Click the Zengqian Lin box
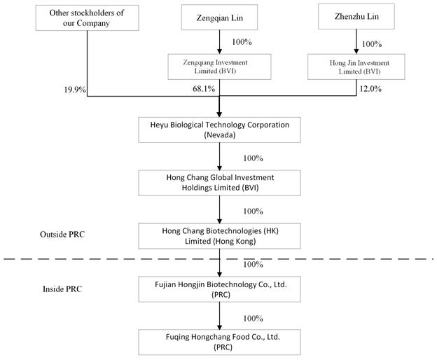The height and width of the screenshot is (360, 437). [x=219, y=18]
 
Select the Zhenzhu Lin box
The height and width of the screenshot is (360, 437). [x=356, y=16]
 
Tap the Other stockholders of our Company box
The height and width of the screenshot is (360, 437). [x=88, y=18]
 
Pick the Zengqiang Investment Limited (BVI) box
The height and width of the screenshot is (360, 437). [x=219, y=67]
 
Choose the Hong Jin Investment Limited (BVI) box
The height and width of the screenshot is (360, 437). [x=356, y=67]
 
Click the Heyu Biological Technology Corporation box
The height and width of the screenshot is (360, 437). [x=220, y=130]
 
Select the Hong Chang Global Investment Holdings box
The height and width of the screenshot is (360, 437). [x=220, y=183]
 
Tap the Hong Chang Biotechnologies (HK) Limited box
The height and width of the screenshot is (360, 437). [x=220, y=236]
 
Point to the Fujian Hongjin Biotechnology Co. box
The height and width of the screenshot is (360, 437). [x=220, y=289]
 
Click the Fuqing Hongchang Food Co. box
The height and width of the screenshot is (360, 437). [x=220, y=342]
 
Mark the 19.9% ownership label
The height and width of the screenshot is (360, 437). [x=75, y=90]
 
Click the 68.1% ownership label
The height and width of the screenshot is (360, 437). [x=204, y=89]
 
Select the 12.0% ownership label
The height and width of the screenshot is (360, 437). [x=370, y=89]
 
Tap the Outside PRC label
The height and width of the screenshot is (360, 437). [x=62, y=235]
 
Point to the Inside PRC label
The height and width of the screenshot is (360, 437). [x=62, y=289]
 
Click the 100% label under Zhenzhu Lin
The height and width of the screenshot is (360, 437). [x=372, y=44]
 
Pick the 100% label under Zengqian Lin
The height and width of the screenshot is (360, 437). [x=242, y=42]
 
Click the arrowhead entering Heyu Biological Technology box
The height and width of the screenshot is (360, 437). [x=219, y=114]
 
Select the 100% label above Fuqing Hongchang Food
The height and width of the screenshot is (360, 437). [x=253, y=318]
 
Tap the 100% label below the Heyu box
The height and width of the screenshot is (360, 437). [x=253, y=158]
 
